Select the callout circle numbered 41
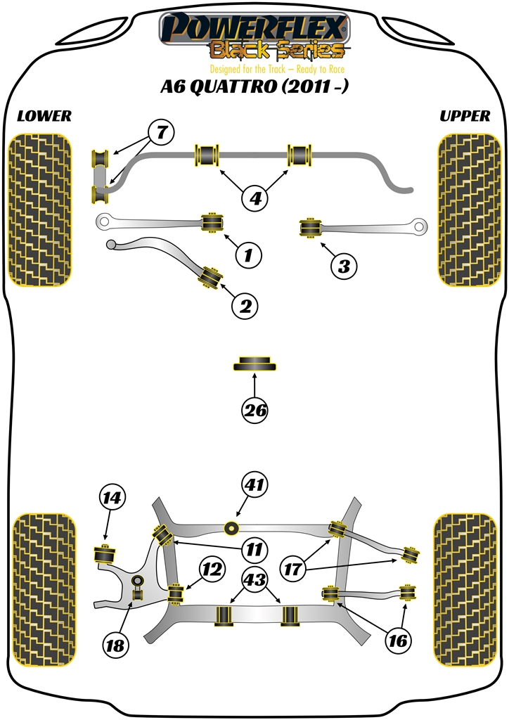[x=254, y=484]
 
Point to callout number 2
[x=245, y=306]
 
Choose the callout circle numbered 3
[x=343, y=266]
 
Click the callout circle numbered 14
[x=111, y=499]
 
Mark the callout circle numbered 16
[x=398, y=640]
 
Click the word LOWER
[x=44, y=117]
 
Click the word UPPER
[x=465, y=117]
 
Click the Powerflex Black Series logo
[x=254, y=39]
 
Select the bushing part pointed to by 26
[x=254, y=364]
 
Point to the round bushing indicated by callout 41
[x=229, y=528]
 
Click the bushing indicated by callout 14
[x=105, y=553]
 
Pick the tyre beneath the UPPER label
[x=464, y=210]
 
